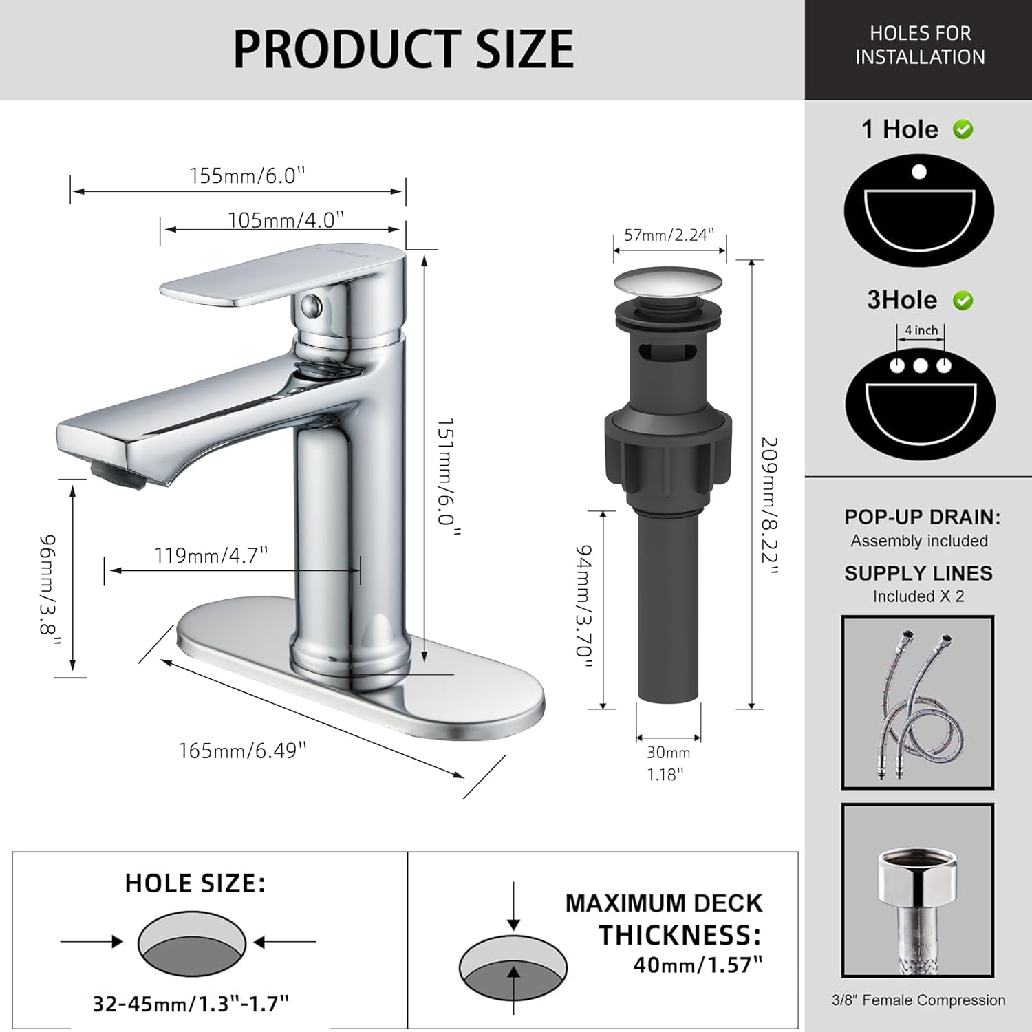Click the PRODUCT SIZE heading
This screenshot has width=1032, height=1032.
point(403,49)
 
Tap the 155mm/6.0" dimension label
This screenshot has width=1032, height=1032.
point(247,175)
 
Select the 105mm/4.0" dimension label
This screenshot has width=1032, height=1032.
point(286,219)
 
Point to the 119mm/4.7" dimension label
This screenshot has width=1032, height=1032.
point(211,555)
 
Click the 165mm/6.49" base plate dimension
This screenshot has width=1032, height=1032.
point(242,750)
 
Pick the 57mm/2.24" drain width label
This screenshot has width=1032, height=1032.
point(669,235)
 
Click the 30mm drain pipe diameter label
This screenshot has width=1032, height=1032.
point(668,753)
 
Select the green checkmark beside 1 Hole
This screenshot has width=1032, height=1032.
point(963,129)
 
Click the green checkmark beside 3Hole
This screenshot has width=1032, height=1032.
point(963,301)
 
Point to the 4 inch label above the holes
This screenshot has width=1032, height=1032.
point(921,330)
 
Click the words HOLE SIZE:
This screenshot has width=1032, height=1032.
point(195,883)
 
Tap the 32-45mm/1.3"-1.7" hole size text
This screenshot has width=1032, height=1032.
point(191,1004)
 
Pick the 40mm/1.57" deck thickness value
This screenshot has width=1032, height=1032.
point(698,965)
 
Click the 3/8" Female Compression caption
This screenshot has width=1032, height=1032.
point(918,1000)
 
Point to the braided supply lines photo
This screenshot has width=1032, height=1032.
point(917,702)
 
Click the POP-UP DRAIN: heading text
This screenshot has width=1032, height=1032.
point(922,517)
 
